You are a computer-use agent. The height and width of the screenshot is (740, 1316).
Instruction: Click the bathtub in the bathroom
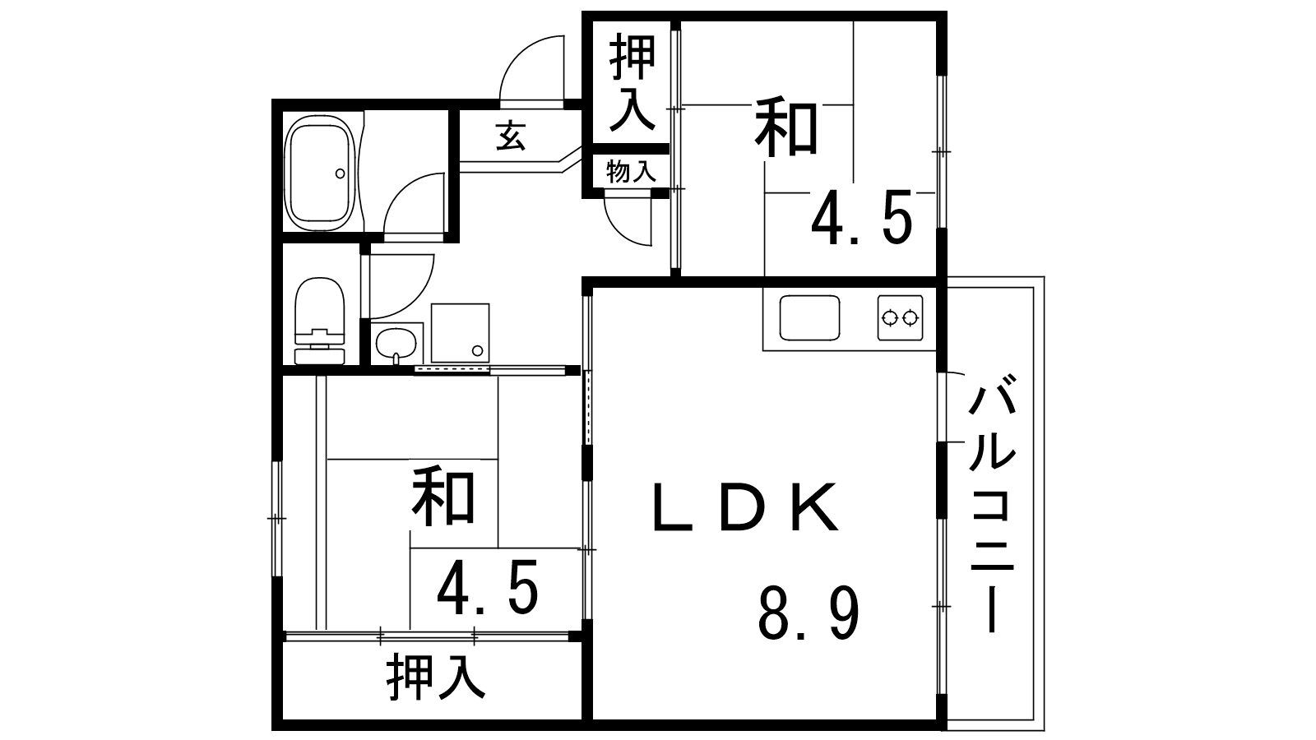point(322,172)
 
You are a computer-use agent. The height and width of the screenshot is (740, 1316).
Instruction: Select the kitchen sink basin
point(809,317)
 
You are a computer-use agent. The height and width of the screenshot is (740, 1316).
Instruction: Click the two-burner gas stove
point(900,317)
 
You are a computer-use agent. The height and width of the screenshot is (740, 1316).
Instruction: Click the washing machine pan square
point(460,332)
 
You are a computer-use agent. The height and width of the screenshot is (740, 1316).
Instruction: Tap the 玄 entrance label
point(511,136)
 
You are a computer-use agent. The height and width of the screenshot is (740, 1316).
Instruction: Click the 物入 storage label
point(631,173)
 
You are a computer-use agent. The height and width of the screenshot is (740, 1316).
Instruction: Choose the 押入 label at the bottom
point(436,676)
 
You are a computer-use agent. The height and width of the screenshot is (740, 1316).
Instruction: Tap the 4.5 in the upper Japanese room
point(861,219)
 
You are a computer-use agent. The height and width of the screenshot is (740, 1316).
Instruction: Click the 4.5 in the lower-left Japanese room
point(488,588)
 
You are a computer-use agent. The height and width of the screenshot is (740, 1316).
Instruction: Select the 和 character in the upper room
point(788,127)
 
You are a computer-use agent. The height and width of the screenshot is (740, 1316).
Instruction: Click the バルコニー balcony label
point(993,502)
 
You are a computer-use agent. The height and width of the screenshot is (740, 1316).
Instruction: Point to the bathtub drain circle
point(340,173)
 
